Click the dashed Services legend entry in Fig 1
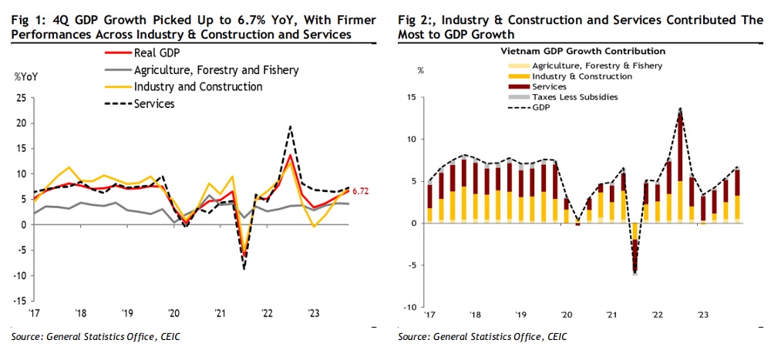[x=154, y=104]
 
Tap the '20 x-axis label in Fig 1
[x=173, y=315]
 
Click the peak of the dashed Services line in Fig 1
[x=290, y=126]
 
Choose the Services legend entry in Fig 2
[x=550, y=87]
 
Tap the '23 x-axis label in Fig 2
[x=704, y=315]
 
